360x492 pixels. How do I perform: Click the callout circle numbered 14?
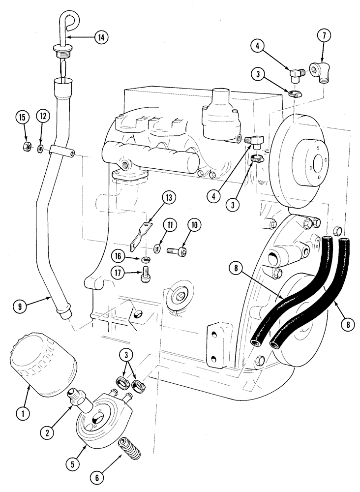(x=101, y=37)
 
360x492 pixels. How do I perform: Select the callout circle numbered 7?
(x=326, y=36)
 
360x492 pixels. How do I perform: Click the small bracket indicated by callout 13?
(x=140, y=235)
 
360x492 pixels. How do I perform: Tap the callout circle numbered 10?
(x=194, y=225)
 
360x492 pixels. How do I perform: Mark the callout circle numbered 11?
(x=170, y=225)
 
